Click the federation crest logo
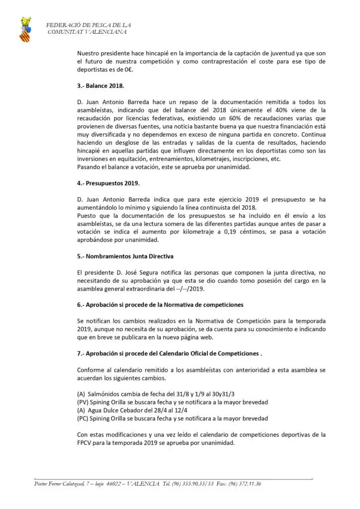click(x=24, y=29)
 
